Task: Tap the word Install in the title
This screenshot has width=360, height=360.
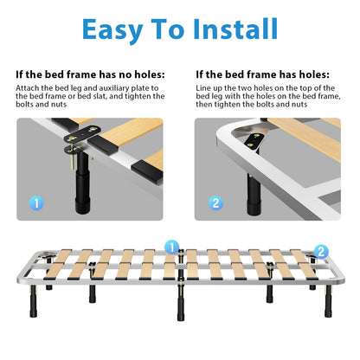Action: [235, 29]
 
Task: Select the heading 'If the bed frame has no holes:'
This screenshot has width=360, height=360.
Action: [90, 74]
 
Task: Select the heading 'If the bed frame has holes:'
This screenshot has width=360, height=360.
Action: [262, 74]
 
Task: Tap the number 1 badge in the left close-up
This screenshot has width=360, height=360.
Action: [36, 203]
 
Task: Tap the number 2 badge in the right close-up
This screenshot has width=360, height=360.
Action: [215, 202]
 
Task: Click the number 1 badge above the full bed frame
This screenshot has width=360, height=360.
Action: [171, 247]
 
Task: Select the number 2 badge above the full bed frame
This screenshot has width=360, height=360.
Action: [321, 252]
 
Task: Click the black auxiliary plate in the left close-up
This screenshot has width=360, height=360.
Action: [80, 134]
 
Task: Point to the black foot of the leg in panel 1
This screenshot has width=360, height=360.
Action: [82, 205]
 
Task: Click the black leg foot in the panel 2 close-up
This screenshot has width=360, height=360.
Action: [254, 208]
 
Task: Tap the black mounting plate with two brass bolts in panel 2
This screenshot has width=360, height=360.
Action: [254, 140]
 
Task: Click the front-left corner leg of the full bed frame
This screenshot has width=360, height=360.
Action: [34, 301]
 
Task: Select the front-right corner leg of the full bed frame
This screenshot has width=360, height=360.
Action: [328, 301]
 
